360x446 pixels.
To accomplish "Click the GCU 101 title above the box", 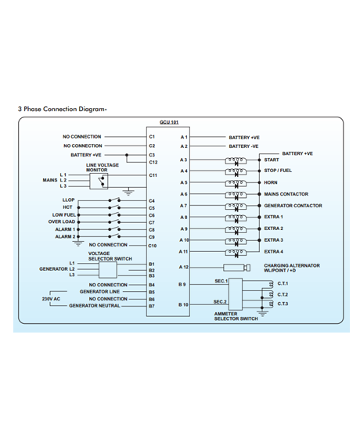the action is pos(169,122).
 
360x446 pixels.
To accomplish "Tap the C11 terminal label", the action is pos(153,175).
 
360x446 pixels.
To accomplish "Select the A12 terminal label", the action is pos(184,267).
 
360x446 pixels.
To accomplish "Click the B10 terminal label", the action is pos(183,304).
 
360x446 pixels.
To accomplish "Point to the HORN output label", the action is pos(270,182).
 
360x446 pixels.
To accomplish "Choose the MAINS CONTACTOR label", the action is pos(286,194).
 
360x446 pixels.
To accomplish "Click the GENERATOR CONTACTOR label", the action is pos(293,206).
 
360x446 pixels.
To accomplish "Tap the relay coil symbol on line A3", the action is pos(236,161).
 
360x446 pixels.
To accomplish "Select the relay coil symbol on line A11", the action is pos(236,254).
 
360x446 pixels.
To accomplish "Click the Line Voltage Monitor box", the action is pos(99,182).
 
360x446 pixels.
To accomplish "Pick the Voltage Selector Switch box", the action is pos(108,270).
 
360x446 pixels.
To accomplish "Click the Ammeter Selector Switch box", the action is pos(236,294).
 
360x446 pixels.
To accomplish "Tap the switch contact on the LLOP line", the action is pos(114,200).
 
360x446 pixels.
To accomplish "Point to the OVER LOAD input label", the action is pos(62,222).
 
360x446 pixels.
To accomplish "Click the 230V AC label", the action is pos(51,299).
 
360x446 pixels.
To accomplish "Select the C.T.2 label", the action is pos(283,295).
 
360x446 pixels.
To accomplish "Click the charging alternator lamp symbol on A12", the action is pos(237,268).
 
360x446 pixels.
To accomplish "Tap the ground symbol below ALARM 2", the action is pos(78,243).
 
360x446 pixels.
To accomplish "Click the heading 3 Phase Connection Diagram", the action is pos(63,110).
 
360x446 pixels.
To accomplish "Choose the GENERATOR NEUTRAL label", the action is pos(95,306).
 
